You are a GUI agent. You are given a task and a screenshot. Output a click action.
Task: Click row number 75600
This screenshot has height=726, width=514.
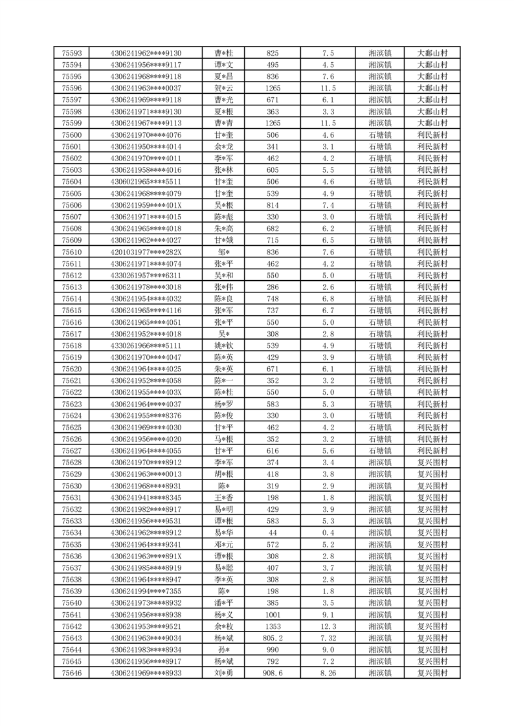[71, 135]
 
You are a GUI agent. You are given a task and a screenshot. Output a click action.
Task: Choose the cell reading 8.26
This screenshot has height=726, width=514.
[328, 673]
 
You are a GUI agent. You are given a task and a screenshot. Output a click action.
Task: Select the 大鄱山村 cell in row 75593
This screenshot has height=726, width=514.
[432, 53]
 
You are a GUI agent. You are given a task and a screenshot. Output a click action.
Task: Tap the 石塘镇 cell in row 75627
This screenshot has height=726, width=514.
[379, 451]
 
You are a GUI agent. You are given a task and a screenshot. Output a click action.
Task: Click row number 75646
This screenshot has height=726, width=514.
[71, 673]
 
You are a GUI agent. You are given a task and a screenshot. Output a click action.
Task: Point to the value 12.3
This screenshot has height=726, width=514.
[328, 626]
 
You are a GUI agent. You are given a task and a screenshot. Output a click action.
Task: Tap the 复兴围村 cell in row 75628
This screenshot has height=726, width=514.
[432, 463]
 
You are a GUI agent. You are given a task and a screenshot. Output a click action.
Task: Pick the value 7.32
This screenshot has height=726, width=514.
[328, 638]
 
